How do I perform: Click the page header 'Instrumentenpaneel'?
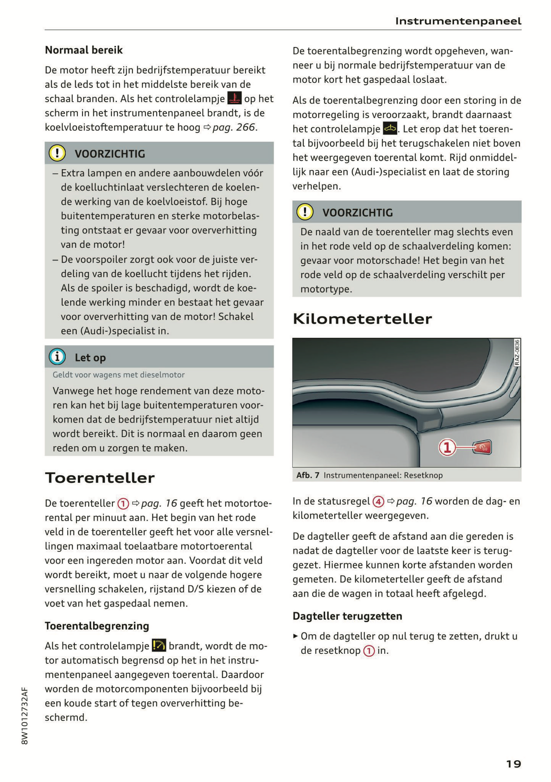(x=458, y=21)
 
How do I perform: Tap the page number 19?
(x=513, y=764)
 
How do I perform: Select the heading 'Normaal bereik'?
(x=84, y=50)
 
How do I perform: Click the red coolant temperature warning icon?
(x=234, y=98)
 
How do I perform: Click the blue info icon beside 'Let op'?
(x=57, y=357)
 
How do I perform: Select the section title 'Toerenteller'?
(x=100, y=478)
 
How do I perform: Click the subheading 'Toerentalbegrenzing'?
(x=97, y=626)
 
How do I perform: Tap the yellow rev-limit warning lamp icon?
(x=159, y=646)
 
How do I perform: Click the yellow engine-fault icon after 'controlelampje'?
(x=389, y=129)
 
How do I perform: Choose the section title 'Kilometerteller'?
(x=362, y=319)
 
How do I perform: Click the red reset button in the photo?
(x=482, y=448)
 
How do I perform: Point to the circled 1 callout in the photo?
(x=447, y=448)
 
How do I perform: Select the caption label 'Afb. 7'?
(x=307, y=475)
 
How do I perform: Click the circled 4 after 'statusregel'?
(x=378, y=501)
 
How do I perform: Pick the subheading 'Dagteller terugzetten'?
(x=347, y=616)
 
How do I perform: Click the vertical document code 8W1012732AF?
(x=25, y=716)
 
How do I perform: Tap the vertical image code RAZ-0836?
(x=517, y=353)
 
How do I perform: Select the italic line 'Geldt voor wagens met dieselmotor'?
(x=119, y=375)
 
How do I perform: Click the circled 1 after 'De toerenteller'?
(x=123, y=504)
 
